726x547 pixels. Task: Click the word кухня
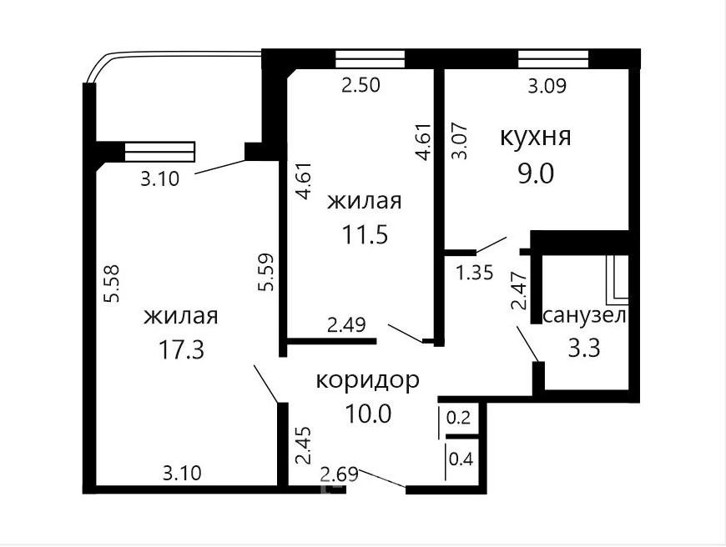[535, 138]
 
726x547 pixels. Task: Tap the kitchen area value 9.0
[536, 174]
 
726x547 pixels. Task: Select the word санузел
[585, 316]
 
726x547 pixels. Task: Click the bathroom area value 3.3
[584, 348]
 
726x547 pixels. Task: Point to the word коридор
[368, 380]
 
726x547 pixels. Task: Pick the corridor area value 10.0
[369, 414]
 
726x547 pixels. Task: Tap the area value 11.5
[365, 235]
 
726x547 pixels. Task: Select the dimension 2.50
[360, 85]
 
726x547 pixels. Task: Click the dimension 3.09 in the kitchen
[547, 86]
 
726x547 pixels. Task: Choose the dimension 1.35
[475, 273]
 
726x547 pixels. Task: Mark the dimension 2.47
[519, 290]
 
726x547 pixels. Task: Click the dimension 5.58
[112, 284]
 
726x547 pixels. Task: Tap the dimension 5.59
[265, 272]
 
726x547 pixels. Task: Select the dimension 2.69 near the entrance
[340, 474]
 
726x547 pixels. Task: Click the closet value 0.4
[461, 459]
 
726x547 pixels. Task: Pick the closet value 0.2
[458, 418]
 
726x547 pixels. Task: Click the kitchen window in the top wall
[553, 59]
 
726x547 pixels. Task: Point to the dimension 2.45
[304, 445]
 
